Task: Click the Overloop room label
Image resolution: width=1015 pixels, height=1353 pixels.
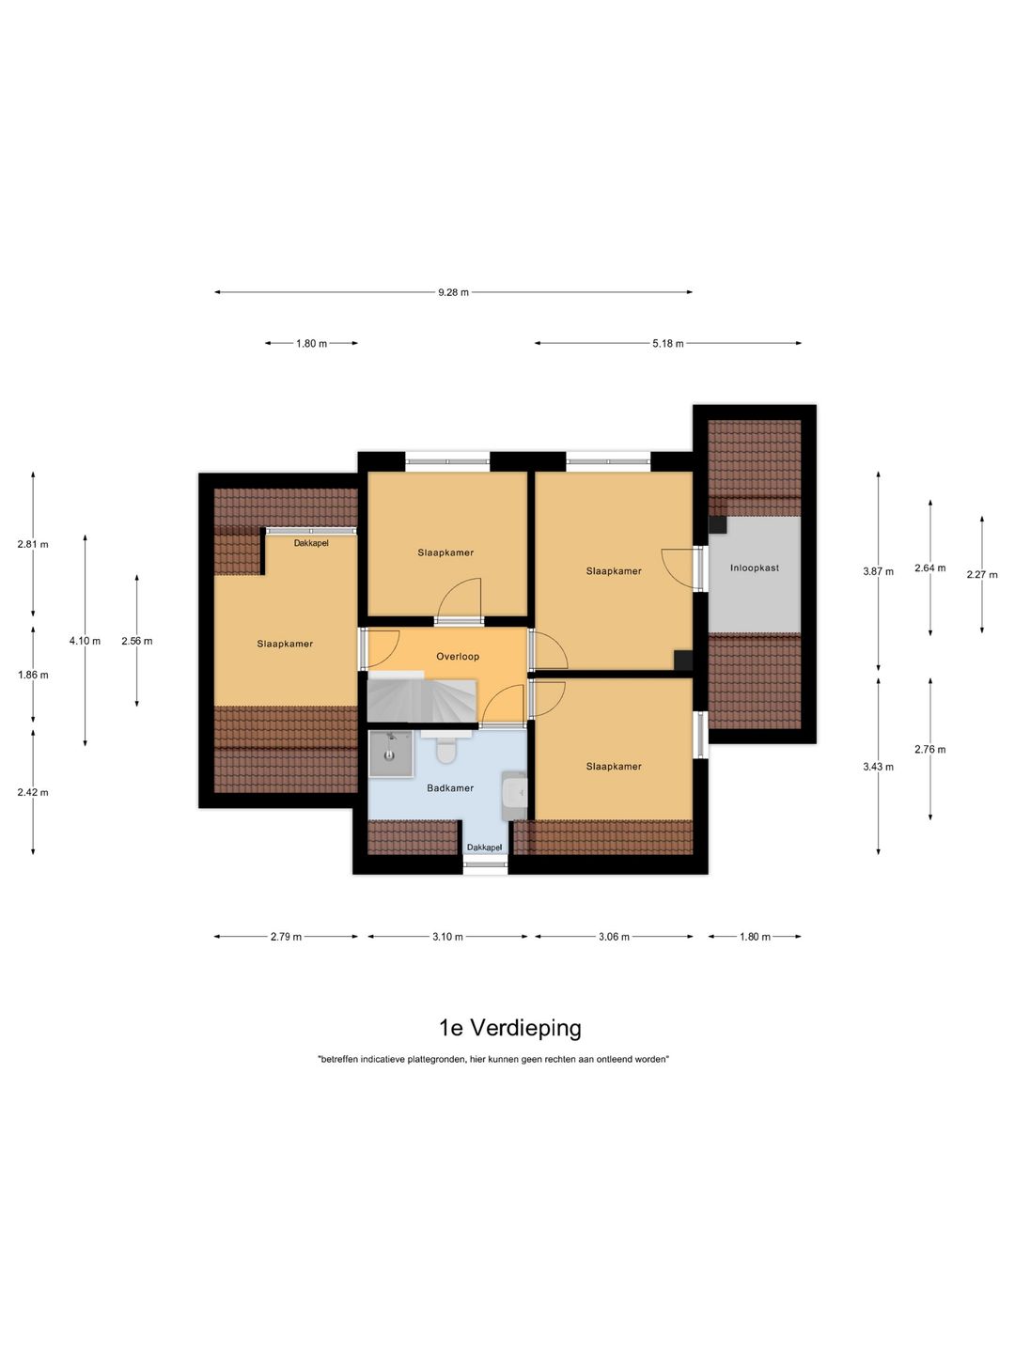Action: click(458, 657)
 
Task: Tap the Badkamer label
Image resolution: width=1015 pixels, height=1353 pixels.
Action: click(450, 787)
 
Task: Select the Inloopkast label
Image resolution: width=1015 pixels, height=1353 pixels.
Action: click(755, 568)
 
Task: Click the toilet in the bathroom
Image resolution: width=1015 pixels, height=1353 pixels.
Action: click(445, 747)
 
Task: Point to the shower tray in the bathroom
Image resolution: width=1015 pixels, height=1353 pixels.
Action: click(390, 754)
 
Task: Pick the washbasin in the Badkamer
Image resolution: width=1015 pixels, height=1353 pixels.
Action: click(515, 796)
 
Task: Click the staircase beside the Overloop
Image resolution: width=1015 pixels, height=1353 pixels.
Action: click(422, 696)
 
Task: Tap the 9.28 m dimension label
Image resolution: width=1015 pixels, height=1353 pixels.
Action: click(454, 292)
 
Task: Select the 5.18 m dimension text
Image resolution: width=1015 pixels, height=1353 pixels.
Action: click(668, 343)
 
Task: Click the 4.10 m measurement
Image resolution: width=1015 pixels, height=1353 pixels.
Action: click(85, 641)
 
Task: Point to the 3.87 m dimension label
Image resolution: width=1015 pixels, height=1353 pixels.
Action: click(878, 571)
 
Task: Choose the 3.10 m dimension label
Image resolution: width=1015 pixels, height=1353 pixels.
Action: click(447, 937)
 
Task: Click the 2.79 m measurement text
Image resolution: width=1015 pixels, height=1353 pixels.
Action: click(286, 937)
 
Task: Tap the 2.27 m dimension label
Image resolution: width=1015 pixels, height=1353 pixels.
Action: click(982, 574)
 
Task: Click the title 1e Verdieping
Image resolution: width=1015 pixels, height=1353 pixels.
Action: click(509, 1028)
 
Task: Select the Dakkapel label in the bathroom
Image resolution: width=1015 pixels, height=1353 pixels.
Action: click(484, 848)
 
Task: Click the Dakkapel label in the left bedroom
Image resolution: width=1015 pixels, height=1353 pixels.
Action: click(311, 543)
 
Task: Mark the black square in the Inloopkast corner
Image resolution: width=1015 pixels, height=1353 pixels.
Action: click(717, 524)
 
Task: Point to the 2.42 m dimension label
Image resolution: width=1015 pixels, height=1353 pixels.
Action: click(33, 792)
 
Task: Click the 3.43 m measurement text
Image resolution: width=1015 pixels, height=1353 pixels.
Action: click(878, 767)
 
